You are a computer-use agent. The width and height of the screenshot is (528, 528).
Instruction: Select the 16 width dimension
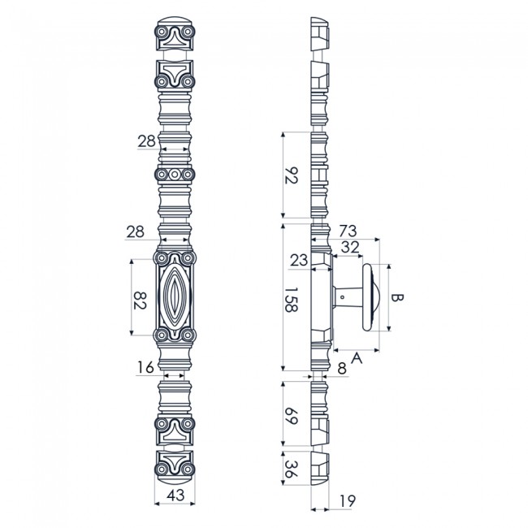[145, 369]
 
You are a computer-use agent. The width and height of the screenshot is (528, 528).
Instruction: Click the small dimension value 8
[340, 368]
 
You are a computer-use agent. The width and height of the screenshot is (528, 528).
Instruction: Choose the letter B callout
[397, 298]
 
